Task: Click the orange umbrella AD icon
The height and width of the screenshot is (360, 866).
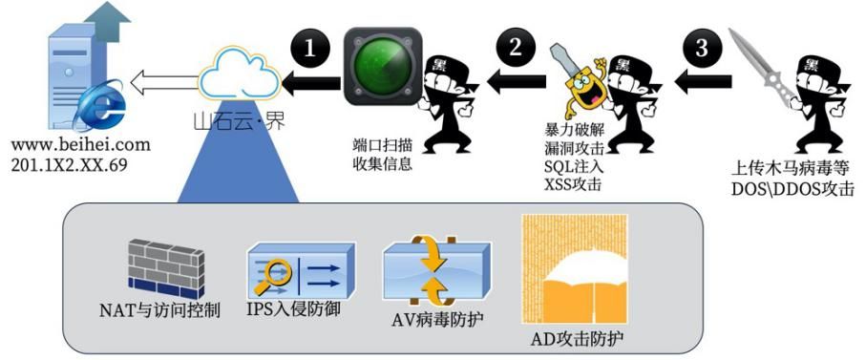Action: point(576,272)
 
